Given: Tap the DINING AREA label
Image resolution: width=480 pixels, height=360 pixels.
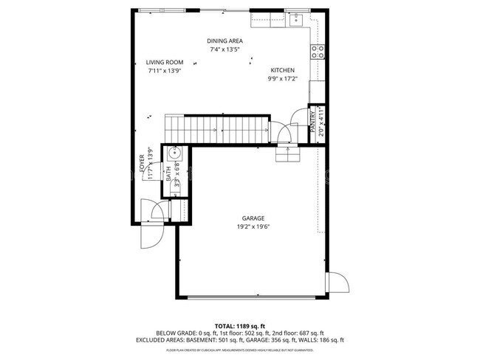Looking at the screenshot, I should [x=225, y=41].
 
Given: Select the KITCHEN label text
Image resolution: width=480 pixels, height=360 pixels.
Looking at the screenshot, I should [x=283, y=70].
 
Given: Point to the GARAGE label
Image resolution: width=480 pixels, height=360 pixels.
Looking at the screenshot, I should [x=253, y=218].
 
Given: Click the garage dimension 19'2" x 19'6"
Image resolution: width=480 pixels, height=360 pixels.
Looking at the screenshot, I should [x=253, y=227].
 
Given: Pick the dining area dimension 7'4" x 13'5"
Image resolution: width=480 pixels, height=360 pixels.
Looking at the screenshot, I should [x=225, y=49].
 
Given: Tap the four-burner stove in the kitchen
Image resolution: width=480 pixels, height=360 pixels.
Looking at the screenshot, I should [x=317, y=52].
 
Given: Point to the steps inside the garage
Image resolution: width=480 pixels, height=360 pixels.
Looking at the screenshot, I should [x=287, y=153].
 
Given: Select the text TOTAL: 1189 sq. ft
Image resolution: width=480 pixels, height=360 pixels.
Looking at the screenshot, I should [x=240, y=325].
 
